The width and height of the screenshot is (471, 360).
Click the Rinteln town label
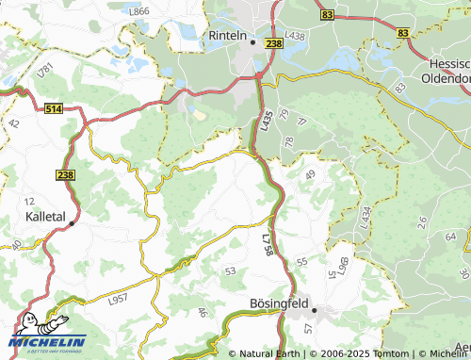coord(226,37)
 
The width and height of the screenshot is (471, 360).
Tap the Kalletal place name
coord(44,217)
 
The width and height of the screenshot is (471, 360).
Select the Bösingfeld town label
coord(281,303)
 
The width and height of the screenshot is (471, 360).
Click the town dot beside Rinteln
coord(252,41)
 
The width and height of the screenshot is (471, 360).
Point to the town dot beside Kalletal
coord(71,223)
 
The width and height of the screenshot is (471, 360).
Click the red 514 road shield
coord(53,110)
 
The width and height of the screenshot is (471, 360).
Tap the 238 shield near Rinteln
coord(274,43)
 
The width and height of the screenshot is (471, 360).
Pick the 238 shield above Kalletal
coord(65,175)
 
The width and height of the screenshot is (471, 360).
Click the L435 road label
coord(266,119)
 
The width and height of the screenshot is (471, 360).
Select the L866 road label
coord(138,11)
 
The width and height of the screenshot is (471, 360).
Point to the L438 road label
coord(296,36)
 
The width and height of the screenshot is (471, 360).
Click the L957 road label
coord(118,299)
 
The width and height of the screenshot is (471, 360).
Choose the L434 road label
coord(364,218)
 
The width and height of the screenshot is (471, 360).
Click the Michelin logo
coord(45,335)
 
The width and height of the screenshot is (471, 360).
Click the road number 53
coord(230,270)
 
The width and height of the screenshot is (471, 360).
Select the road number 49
coord(310,174)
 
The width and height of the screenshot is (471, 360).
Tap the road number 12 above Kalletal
coord(30,202)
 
